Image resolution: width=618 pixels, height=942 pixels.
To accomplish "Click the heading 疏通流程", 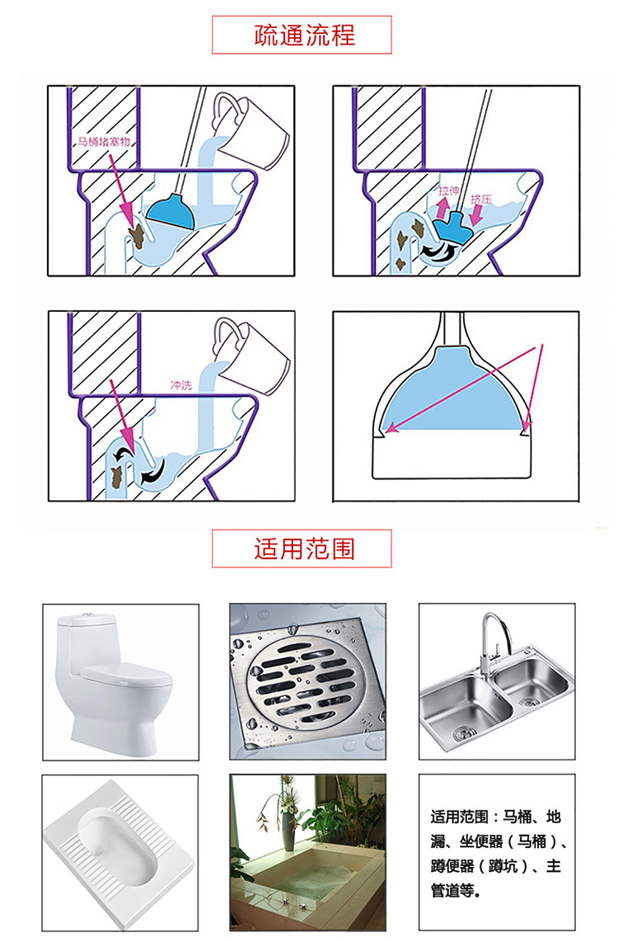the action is coord(304,35).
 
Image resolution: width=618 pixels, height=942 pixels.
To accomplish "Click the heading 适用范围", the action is coord(304,549).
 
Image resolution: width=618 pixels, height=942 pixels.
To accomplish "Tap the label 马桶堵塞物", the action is coord(104,142).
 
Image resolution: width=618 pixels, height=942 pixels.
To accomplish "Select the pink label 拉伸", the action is coord(448,191).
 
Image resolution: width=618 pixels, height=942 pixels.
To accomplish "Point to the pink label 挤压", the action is coord(480,199).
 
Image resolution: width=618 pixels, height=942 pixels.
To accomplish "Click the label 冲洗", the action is coord(181,385).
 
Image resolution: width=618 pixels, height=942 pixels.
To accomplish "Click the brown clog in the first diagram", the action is coord(138,236).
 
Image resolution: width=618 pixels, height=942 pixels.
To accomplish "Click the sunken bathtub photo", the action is coord(308,852).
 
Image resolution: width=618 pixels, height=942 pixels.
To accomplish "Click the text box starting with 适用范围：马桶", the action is coord(497,852).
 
